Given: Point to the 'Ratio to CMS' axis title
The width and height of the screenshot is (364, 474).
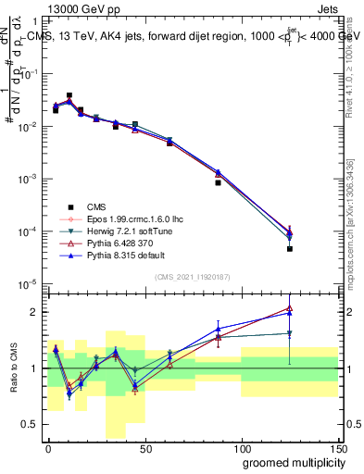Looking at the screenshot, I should [x=11, y=367].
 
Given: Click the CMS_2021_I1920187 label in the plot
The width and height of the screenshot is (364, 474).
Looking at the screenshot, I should [x=192, y=277].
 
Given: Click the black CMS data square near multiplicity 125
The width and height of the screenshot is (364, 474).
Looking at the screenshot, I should [x=290, y=249].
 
